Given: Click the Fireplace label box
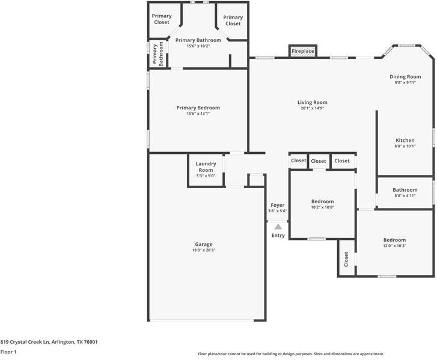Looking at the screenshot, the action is (303, 51).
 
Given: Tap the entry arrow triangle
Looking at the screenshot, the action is (278, 227).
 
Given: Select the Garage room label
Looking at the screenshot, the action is (204, 245).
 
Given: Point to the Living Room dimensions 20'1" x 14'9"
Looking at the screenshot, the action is (312, 108).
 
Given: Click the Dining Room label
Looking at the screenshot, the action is (405, 76).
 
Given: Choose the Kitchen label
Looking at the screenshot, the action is (405, 141).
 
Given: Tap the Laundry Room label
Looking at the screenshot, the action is (206, 167).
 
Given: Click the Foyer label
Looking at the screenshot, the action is (278, 206).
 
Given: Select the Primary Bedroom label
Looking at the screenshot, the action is (198, 108).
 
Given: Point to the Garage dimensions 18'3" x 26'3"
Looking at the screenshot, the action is (204, 250).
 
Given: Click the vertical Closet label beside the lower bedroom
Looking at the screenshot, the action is (346, 259).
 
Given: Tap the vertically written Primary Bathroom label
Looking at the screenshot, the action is (157, 54).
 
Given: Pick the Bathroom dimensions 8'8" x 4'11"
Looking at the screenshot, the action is (405, 196).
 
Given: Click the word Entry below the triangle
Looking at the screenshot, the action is (278, 236).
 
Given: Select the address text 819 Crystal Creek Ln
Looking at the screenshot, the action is (25, 342).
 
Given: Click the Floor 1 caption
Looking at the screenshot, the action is (8, 352).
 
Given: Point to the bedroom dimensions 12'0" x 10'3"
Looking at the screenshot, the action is (394, 246).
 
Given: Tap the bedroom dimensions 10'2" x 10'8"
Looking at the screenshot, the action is (322, 207).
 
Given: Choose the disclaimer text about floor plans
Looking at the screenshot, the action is (291, 354).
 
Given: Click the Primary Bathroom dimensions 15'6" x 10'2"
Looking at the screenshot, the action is (198, 46).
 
